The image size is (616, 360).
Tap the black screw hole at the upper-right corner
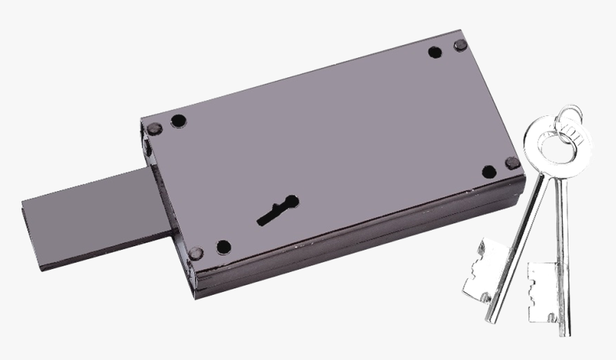434,52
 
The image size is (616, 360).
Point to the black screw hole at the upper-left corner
178,121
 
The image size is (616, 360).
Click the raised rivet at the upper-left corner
155,129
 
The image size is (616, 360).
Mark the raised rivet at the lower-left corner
196,252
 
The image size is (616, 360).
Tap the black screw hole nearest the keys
489,171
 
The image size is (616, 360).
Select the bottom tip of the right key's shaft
565,331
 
